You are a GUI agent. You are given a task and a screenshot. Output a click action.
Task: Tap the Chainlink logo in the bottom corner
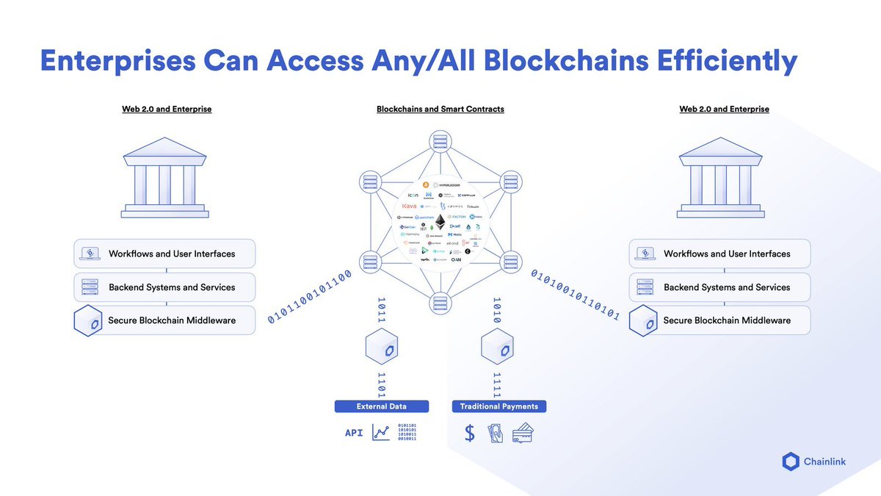point(790,461)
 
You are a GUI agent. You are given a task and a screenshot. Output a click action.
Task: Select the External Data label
point(381,406)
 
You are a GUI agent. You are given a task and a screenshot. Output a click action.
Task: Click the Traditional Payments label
point(498,406)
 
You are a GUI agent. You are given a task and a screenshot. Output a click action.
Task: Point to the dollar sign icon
point(470,434)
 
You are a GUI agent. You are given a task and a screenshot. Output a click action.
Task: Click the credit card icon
point(523,434)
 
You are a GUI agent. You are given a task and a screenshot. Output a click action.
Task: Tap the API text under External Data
point(354,434)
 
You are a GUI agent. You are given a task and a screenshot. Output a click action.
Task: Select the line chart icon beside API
point(381,434)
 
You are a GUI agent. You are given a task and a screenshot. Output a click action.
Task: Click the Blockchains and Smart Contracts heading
point(440,109)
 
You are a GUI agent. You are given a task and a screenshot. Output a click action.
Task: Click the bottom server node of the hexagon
point(440,302)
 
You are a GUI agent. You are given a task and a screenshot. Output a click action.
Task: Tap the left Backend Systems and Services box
point(165,287)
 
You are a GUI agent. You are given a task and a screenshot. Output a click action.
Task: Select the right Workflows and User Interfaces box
point(720,254)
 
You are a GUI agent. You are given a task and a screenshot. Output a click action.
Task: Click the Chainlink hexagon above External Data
point(381,346)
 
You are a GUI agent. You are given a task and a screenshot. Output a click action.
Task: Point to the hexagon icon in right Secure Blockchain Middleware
point(644,321)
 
